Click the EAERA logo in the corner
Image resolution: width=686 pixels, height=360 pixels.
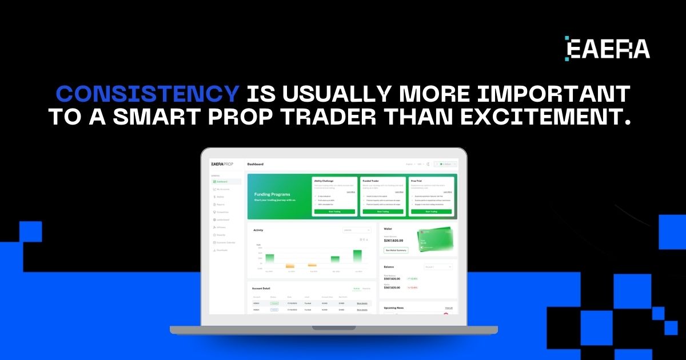coord(607,49)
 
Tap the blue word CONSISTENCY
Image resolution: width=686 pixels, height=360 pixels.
coord(147,94)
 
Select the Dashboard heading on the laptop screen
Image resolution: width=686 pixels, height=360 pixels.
coord(256,164)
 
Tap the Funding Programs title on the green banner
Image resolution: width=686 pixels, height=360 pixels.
coord(273,194)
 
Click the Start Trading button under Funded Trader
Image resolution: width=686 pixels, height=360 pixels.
coord(382,211)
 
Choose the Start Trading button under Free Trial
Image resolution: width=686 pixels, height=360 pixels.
coord(430,211)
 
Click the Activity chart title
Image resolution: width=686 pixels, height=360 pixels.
coord(258,230)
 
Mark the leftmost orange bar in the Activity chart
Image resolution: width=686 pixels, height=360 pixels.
coord(290,266)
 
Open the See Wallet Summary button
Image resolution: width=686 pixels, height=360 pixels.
coord(396,250)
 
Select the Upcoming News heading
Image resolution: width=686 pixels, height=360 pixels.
coord(394,308)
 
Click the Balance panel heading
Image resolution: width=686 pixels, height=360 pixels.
coord(389,267)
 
